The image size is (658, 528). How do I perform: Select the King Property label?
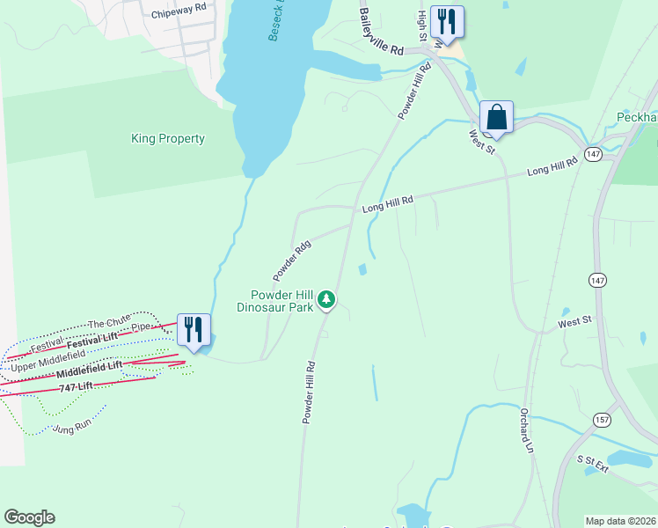(167, 138)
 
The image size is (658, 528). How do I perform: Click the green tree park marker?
(327, 300)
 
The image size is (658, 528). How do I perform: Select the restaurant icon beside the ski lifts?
(194, 330)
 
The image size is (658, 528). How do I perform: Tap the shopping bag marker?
(496, 117)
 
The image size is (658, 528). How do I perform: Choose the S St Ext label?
(593, 464)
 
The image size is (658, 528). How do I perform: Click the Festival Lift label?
(92, 337)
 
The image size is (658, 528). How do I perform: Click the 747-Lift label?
(77, 386)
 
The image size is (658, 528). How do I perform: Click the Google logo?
(29, 517)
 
